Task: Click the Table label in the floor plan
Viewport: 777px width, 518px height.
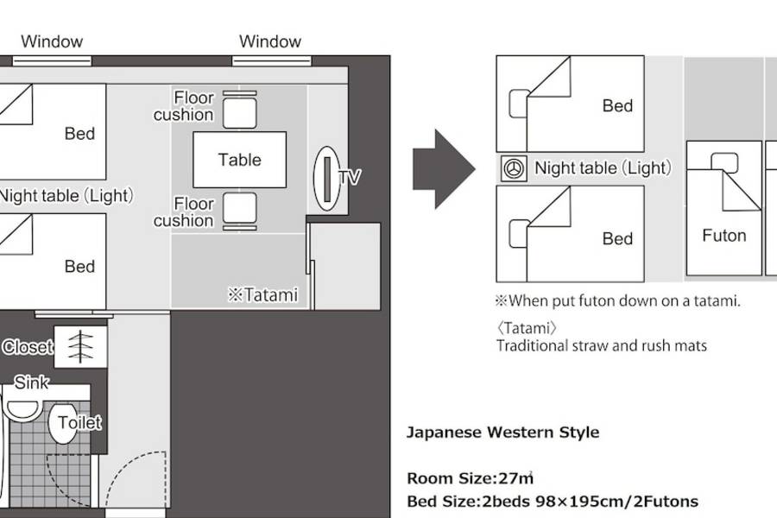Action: point(239,160)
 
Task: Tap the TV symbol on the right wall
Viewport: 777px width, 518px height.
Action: point(327,179)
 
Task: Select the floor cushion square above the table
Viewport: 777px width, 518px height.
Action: point(240,113)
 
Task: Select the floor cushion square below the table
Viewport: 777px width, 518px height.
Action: point(240,208)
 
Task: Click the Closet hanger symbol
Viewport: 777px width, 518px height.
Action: point(80,346)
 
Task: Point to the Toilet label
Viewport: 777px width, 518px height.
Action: point(79,422)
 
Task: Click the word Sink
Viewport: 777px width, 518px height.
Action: point(31,382)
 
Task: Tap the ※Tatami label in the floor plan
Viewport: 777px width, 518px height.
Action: point(262,295)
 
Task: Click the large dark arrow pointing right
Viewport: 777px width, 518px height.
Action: point(444,169)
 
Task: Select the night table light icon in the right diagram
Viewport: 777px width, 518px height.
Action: point(514,168)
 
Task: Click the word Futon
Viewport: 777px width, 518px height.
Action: point(724,236)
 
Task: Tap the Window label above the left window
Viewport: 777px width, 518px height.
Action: point(52,41)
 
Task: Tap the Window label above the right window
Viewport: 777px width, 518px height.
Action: point(270,41)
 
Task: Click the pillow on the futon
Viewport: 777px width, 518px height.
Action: point(724,162)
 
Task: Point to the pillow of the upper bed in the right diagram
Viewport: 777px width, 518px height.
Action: point(518,104)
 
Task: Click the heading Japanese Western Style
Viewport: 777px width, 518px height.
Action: point(503,433)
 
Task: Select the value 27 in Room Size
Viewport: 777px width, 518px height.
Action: point(509,478)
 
